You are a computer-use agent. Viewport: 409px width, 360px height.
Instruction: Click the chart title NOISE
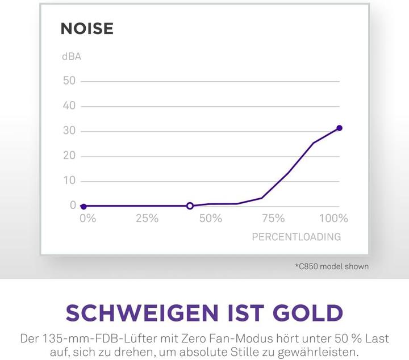87,29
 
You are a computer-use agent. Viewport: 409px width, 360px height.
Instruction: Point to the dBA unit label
72,57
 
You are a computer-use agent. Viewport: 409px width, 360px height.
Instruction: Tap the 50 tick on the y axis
69,81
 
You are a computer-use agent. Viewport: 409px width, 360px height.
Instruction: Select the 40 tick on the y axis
69,106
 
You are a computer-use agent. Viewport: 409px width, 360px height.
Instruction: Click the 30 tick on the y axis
69,131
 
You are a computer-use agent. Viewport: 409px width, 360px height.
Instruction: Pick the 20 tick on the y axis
69,156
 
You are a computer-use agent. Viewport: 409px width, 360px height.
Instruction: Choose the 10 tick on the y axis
69,181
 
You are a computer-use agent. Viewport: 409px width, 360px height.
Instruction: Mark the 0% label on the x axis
87,219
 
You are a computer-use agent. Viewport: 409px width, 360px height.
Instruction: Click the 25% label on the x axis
147,219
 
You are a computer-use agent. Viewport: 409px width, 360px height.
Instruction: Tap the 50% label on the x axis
211,219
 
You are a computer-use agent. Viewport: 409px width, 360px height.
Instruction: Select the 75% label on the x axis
273,219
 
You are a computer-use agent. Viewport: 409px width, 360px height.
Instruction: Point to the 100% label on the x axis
333,219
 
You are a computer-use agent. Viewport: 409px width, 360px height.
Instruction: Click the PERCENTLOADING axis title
297,237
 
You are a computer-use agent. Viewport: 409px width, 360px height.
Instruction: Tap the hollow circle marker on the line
190,206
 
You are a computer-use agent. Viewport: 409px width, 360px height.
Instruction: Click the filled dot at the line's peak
339,128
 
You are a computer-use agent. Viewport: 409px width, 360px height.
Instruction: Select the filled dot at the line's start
84,206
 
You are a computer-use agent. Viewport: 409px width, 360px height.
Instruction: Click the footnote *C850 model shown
332,266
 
